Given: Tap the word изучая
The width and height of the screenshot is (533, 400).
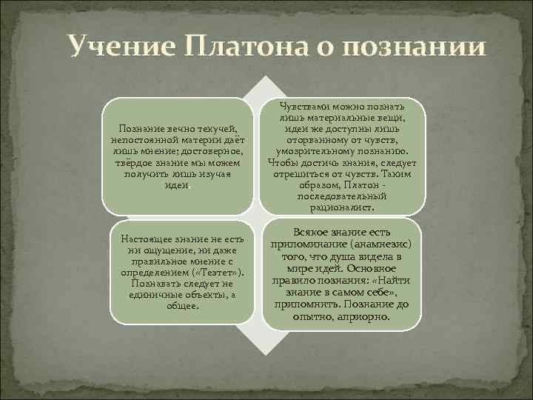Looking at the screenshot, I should (x=216, y=173).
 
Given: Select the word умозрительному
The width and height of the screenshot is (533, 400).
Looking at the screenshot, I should (x=310, y=150).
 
